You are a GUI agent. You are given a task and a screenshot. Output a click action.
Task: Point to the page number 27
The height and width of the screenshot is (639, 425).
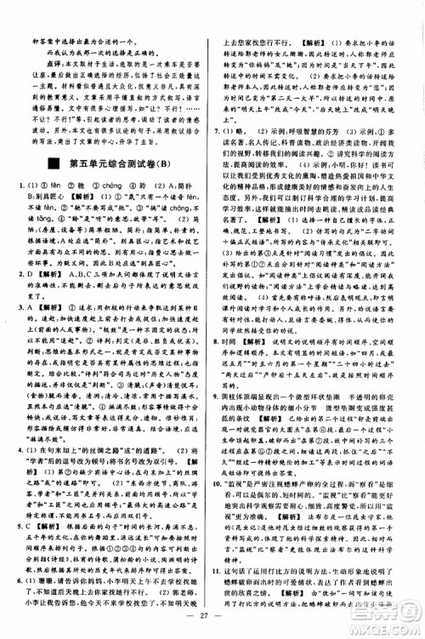(x=212, y=614)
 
